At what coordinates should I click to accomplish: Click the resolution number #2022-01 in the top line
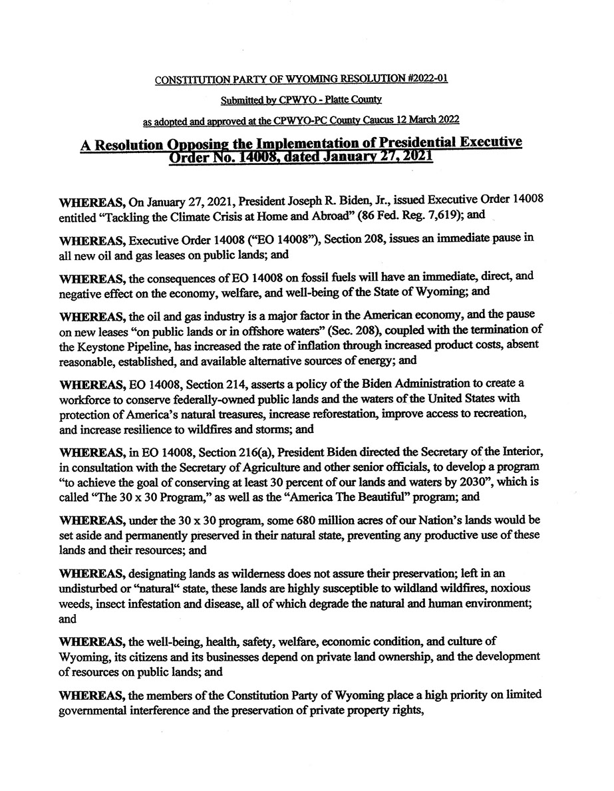[x=420, y=79]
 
